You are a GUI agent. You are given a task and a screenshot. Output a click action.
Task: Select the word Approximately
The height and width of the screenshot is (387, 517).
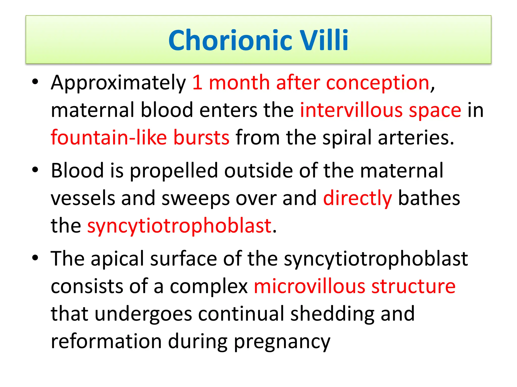tap(118, 83)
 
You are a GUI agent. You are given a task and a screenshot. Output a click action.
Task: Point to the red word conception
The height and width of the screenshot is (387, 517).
tap(378, 83)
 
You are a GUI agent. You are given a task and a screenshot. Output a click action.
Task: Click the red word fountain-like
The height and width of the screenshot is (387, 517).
tap(109, 138)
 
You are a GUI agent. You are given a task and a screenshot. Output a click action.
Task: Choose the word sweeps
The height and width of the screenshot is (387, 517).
tap(196, 199)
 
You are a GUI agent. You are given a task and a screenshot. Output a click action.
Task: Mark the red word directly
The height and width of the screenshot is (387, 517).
tap(357, 199)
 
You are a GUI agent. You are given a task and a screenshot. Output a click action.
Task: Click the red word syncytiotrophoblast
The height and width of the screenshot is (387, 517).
tap(179, 226)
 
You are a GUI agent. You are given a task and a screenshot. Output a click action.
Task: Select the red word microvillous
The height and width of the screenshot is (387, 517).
tap(309, 286)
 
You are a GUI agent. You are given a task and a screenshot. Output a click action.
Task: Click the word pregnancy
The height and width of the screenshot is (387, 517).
tap(282, 342)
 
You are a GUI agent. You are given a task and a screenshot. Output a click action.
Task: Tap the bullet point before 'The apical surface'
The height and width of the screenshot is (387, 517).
tap(35, 257)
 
